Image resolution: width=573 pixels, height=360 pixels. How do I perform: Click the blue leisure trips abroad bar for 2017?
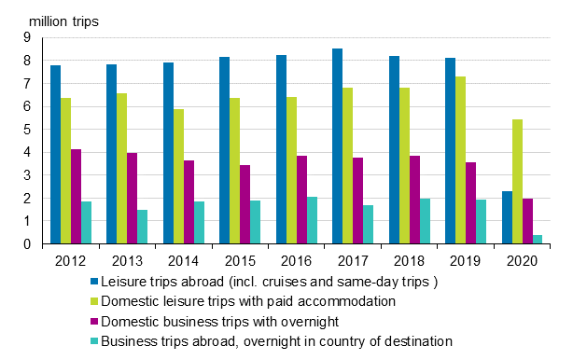coord(337,146)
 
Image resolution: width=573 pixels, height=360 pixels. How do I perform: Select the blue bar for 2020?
coord(507,217)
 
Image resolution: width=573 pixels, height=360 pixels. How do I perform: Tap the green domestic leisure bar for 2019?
coord(461,160)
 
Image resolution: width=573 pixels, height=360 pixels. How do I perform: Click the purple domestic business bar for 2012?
coord(76,197)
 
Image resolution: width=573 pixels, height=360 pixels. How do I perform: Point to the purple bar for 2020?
coord(528,221)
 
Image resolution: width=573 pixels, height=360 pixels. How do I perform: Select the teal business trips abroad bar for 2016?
coord(313,220)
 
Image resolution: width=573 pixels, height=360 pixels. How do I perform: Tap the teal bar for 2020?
coord(538,240)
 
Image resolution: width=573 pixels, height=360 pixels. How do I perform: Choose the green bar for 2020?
coord(517,182)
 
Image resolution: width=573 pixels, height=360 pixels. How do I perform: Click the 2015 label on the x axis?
coord(240,258)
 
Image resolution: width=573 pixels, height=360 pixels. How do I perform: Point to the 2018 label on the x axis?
coord(410,258)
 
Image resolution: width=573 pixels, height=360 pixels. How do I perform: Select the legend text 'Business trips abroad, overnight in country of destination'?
coord(276,341)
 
